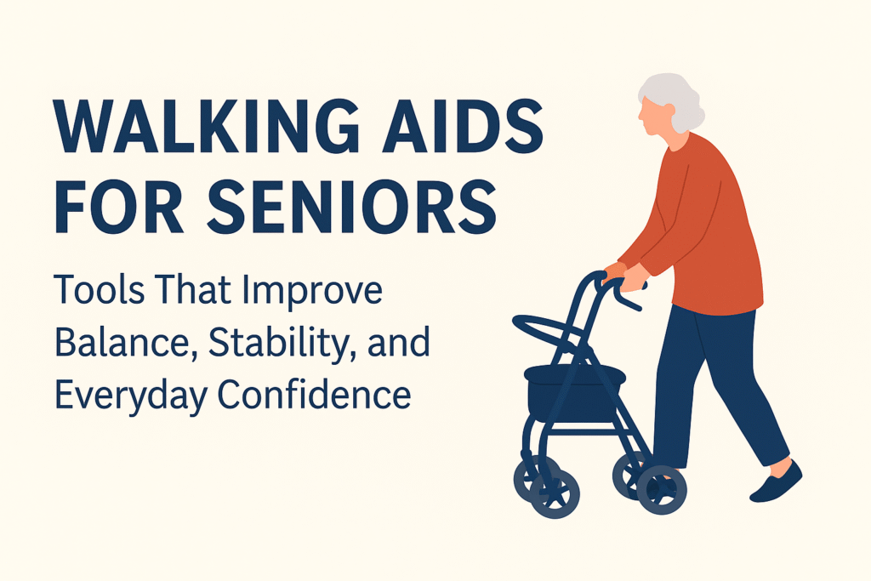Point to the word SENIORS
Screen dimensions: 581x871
(354, 209)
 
